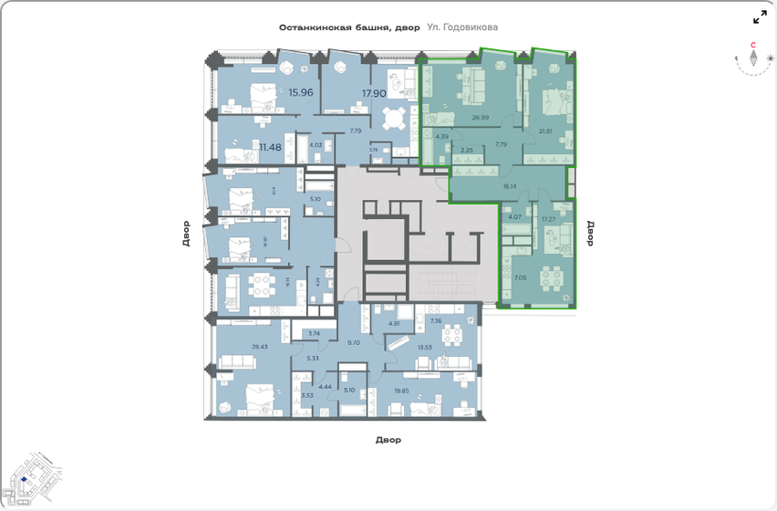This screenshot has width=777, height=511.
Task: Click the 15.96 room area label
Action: point(300,92)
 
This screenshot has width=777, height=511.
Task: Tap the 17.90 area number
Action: point(375,92)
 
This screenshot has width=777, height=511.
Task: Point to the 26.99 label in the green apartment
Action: point(481,118)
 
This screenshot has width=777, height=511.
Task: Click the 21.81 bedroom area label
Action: point(545,130)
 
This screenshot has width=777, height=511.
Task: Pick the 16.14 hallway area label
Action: point(510,185)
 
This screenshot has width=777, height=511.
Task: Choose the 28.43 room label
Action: point(260,347)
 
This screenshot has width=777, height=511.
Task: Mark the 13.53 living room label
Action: point(424,347)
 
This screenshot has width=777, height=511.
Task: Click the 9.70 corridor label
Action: point(355,342)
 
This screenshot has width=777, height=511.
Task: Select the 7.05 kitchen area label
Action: point(520,277)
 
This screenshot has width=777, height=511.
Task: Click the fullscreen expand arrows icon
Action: point(760,17)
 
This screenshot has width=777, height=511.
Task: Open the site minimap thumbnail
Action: point(32,477)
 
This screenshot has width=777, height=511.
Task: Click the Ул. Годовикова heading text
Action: point(463,27)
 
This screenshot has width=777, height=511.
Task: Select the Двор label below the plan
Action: point(388,440)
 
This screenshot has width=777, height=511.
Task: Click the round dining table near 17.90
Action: point(394,120)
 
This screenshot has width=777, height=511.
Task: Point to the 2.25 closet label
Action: point(466,150)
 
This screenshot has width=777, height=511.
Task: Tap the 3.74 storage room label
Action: point(315,334)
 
